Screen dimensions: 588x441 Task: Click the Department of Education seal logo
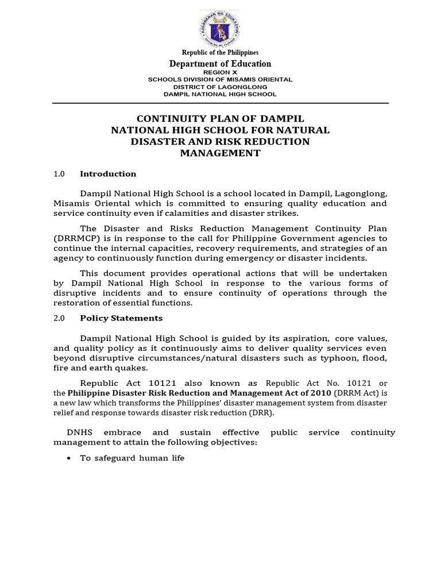click(220, 28)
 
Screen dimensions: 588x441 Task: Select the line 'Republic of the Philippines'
click(220, 53)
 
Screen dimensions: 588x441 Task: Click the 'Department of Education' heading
click(220, 64)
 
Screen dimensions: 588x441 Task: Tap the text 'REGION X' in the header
click(220, 72)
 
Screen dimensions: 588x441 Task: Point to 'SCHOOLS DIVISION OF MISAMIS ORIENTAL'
click(220, 79)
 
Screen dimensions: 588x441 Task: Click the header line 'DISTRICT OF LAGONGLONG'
click(220, 87)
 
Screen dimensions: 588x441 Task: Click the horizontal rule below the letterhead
click(220, 103)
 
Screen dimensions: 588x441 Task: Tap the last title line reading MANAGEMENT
click(220, 153)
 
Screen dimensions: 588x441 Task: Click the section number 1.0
click(59, 174)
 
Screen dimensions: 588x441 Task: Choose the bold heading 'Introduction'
click(108, 174)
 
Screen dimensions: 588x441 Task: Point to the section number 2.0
click(59, 318)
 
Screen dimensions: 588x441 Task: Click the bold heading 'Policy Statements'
click(121, 318)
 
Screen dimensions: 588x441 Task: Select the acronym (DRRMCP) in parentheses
click(73, 238)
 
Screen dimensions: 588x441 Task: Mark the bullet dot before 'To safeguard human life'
click(69, 459)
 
